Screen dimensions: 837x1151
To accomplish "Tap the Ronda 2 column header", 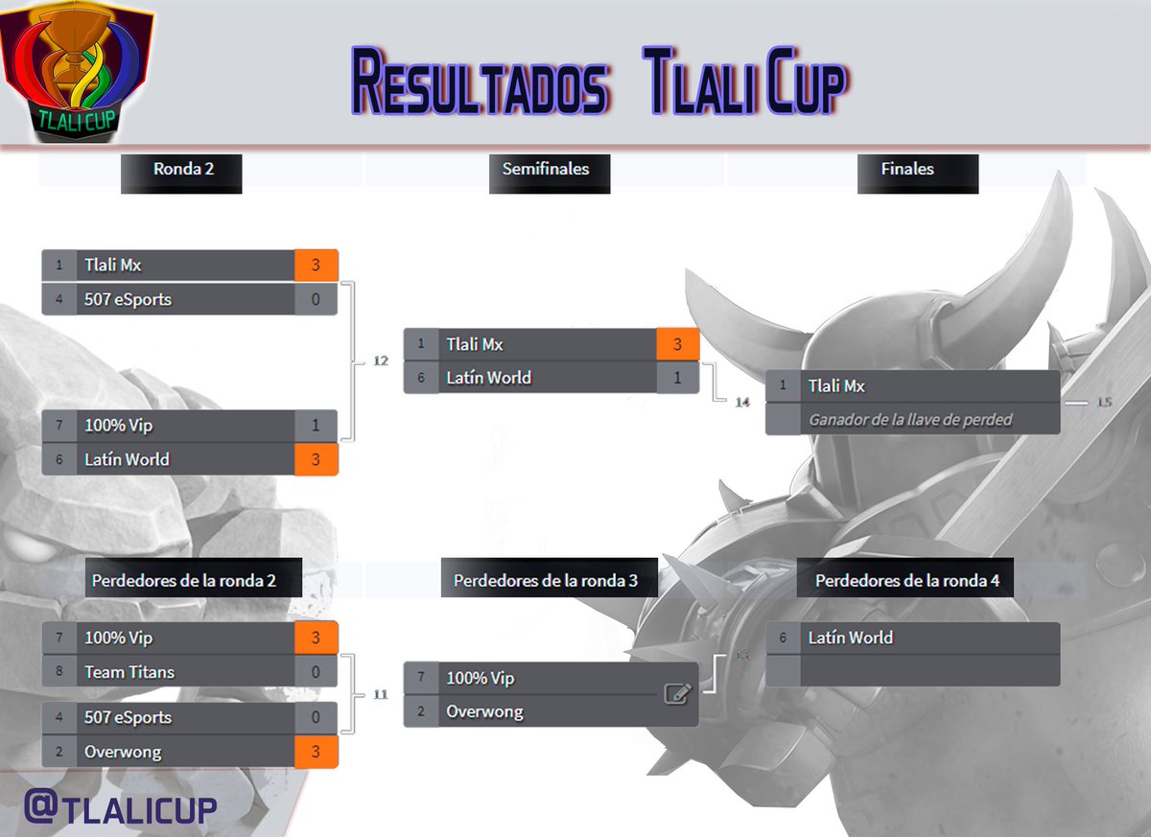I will (182, 170).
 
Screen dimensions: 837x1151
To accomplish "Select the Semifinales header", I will (546, 170).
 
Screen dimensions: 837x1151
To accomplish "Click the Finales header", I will (907, 170).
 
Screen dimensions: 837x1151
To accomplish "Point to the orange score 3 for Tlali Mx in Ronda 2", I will (316, 266).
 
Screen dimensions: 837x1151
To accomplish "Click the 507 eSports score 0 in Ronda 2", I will (316, 299).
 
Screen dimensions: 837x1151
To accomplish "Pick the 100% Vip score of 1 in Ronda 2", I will (316, 426).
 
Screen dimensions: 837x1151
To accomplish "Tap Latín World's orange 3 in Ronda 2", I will (316, 459).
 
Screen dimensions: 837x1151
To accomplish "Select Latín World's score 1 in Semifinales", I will (677, 378).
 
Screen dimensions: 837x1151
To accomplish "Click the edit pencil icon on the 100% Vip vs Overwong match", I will (677, 694).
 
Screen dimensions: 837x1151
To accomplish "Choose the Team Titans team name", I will (129, 672).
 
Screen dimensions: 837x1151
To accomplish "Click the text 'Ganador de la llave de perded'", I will (910, 419).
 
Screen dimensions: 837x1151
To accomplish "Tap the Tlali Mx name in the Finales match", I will (836, 386).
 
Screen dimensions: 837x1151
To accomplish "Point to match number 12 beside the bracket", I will (380, 360).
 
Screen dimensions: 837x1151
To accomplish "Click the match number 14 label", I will (741, 402).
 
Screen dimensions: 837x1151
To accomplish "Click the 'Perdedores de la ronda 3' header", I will (545, 581).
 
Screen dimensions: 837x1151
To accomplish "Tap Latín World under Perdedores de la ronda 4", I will (850, 638).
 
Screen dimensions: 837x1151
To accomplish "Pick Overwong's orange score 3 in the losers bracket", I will (316, 753).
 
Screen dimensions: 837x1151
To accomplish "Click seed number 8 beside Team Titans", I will (59, 672).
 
